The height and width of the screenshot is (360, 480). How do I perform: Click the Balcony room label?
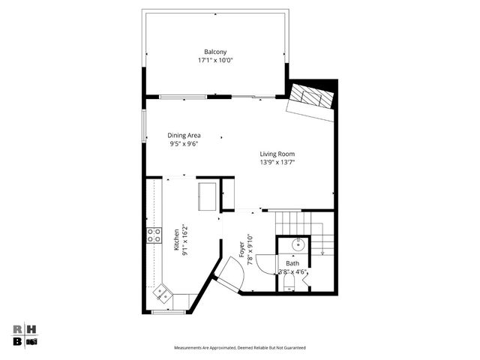point(215,52)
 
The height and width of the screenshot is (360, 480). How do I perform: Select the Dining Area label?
point(184,136)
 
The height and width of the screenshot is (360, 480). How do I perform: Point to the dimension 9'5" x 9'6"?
point(184,144)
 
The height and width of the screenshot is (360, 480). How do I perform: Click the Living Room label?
point(277,154)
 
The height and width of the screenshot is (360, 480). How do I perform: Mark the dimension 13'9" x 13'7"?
point(277,162)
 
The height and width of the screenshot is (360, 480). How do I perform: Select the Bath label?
point(292,263)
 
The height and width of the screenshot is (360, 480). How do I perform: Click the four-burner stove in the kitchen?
point(154,235)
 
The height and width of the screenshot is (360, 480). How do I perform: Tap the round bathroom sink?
point(298,244)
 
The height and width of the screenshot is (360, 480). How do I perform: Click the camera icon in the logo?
point(31,341)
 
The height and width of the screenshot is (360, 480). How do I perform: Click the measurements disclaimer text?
point(240,348)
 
